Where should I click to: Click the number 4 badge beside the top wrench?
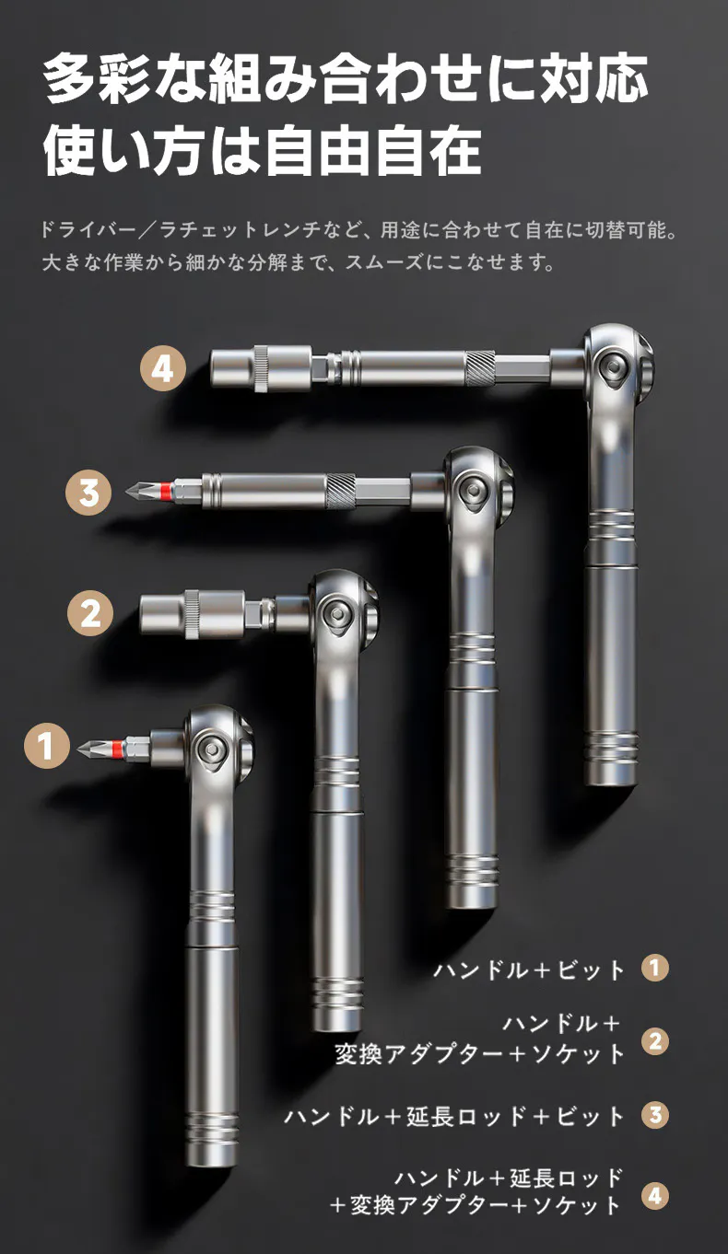[162, 369]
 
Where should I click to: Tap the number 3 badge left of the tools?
[88, 493]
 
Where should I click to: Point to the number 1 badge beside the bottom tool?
[47, 746]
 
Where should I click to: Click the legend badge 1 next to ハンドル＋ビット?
[655, 968]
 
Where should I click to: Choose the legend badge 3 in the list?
[655, 1115]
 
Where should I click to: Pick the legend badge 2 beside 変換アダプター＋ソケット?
[655, 1041]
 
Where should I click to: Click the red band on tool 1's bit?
[116, 747]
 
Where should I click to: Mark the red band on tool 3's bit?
[166, 492]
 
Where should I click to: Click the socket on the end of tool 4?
[261, 368]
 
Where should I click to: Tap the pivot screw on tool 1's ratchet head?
[214, 747]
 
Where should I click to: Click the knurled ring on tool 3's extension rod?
[341, 492]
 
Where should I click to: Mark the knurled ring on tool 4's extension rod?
[480, 367]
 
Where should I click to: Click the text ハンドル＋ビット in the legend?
[528, 970]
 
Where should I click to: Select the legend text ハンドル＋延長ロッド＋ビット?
[454, 1115]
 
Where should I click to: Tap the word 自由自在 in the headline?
[372, 151]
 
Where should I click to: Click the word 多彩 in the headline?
[96, 78]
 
